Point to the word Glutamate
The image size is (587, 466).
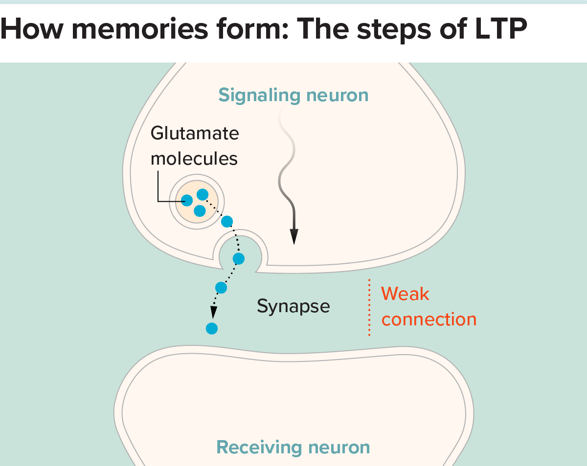coord(195,133)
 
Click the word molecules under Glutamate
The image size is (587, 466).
coord(194,158)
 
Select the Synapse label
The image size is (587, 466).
coord(293,306)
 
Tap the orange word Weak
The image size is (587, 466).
coord(405,294)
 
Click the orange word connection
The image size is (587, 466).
coord(429,319)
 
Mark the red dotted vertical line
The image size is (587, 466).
coord(369,307)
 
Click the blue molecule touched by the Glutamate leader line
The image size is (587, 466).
coord(187,200)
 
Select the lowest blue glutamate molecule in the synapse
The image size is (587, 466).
coord(211,328)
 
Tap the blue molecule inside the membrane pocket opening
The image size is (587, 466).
coord(238,258)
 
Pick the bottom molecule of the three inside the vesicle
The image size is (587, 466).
coord(199,211)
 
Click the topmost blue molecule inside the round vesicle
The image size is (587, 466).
coord(202,194)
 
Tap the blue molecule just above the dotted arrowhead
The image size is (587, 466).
coord(221,288)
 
